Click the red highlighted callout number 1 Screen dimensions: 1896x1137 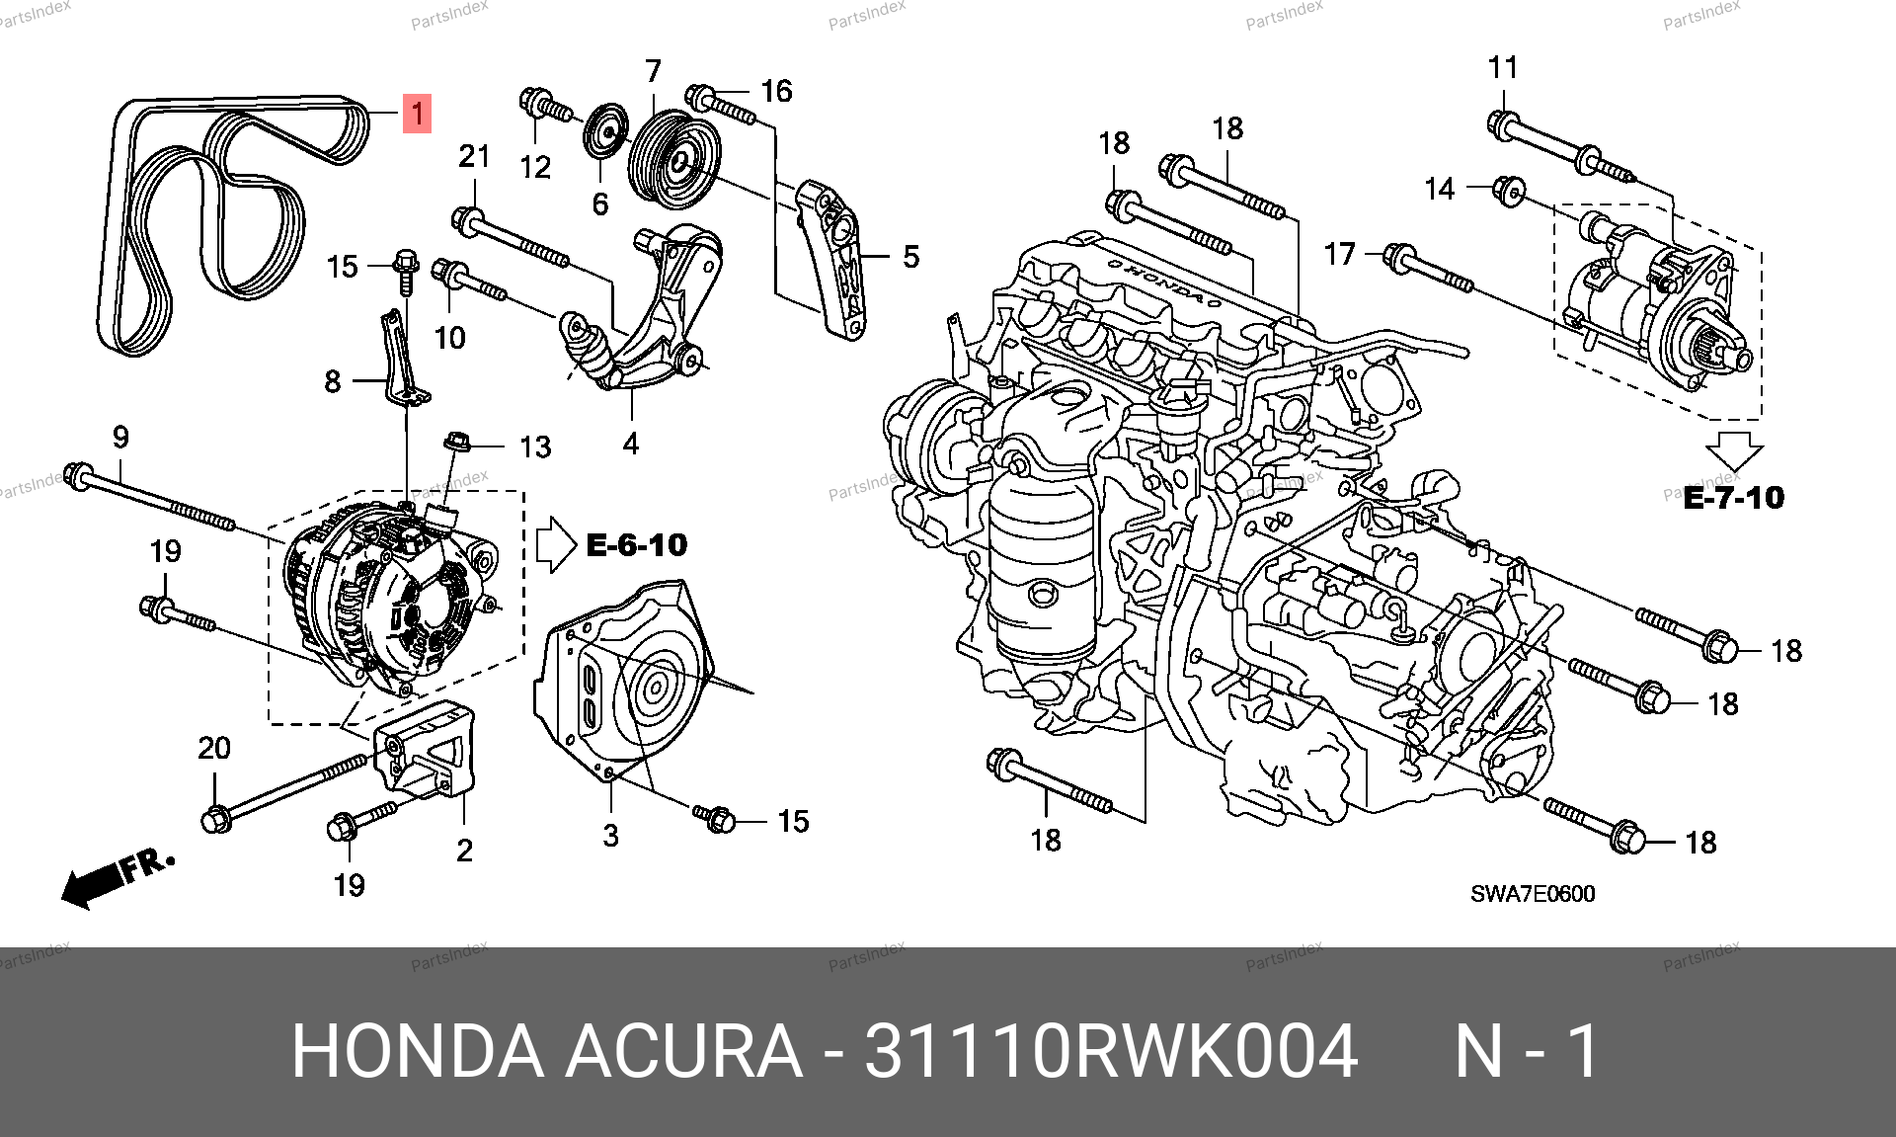click(418, 114)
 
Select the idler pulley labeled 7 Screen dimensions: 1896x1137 click(674, 160)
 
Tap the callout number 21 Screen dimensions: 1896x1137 click(474, 156)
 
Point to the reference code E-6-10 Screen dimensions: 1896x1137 click(637, 544)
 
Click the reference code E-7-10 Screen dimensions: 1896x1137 click(1734, 497)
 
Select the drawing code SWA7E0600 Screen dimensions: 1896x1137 click(1533, 894)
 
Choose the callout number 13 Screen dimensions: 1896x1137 click(535, 447)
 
